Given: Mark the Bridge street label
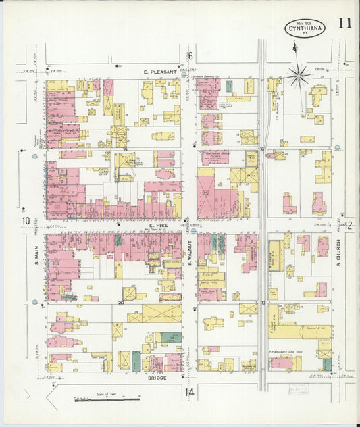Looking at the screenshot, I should [x=156, y=378].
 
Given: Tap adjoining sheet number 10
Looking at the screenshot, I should [x=26, y=221].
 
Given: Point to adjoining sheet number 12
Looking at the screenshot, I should [x=349, y=226].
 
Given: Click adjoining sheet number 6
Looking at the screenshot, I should [x=190, y=56].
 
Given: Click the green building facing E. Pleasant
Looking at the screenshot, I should [x=229, y=86].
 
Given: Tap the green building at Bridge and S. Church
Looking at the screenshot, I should [x=327, y=364].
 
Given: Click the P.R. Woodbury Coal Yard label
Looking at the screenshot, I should [x=291, y=351].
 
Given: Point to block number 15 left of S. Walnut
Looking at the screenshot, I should [x=126, y=148].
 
